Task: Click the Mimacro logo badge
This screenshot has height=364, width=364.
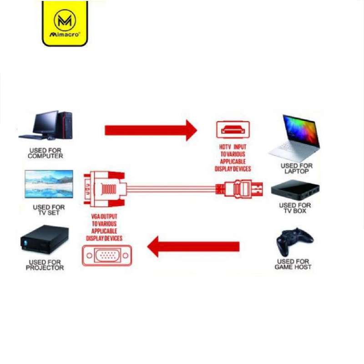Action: pyautogui.click(x=65, y=23)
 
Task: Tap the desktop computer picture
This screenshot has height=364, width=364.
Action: pyautogui.click(x=45, y=125)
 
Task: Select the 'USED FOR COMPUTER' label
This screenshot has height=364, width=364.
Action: pyautogui.click(x=45, y=153)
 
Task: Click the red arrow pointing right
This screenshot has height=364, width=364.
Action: pyautogui.click(x=151, y=130)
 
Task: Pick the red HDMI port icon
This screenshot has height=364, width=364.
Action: pyautogui.click(x=233, y=130)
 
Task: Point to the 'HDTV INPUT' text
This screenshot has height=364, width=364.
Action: pyautogui.click(x=233, y=147)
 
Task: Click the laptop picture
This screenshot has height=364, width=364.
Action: pyautogui.click(x=294, y=138)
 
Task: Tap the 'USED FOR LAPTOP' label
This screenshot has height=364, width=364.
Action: pyautogui.click(x=297, y=168)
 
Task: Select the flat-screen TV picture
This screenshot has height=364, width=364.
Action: pyautogui.click(x=49, y=184)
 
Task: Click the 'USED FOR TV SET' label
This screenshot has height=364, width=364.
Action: pyautogui.click(x=49, y=210)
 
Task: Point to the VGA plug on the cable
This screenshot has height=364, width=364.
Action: pyautogui.click(x=105, y=189)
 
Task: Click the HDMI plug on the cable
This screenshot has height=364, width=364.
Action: pyautogui.click(x=239, y=189)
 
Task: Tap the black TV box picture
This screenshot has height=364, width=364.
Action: pyautogui.click(x=295, y=190)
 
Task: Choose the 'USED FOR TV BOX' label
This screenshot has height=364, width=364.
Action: pyautogui.click(x=295, y=208)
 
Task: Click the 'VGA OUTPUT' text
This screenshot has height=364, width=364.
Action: pyautogui.click(x=104, y=217)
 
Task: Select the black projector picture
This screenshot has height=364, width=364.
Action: pyautogui.click(x=44, y=239)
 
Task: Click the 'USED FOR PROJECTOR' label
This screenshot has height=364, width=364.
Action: pyautogui.click(x=45, y=265)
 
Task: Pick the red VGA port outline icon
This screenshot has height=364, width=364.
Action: pyautogui.click(x=107, y=255)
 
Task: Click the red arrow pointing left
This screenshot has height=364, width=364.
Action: pyautogui.click(x=193, y=247)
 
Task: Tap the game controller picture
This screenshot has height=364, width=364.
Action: pyautogui.click(x=294, y=242)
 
